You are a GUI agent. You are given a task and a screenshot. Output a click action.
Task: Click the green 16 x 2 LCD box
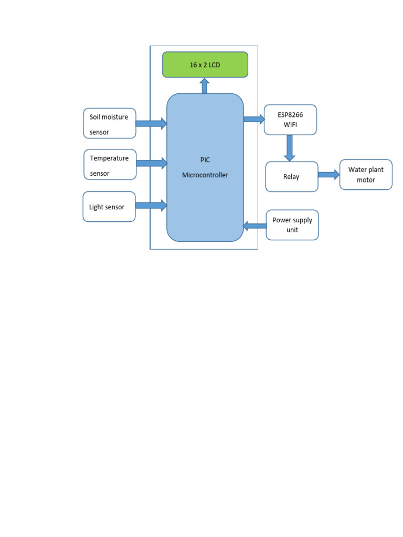coord(205,65)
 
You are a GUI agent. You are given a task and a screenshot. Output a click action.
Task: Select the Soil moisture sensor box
coord(109,123)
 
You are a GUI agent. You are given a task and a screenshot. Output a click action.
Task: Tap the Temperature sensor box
coord(110,164)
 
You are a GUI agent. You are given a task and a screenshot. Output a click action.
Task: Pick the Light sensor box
coord(109,207)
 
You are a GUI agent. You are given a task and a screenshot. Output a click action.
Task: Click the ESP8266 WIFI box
coord(290,120)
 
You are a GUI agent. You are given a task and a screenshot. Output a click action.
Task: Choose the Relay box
coord(292,177)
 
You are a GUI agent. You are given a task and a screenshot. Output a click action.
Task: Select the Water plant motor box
coord(366,175)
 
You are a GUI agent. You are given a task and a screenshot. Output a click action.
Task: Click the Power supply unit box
coord(292,225)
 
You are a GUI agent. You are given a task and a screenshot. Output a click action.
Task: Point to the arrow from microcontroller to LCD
coord(205,85)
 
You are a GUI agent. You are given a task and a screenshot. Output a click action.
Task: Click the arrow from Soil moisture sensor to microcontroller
coord(151,124)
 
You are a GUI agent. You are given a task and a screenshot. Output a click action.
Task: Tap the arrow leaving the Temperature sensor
coord(152,163)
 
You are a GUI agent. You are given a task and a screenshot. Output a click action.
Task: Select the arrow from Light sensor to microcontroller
coord(151,205)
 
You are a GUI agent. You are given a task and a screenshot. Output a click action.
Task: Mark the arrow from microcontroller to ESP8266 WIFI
coord(254,120)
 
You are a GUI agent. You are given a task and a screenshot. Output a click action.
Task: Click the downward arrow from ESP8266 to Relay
coord(289,148)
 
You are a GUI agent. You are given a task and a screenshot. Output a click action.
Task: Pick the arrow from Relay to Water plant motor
coord(329,175)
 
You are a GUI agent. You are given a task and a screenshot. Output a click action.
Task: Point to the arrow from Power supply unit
coord(255,225)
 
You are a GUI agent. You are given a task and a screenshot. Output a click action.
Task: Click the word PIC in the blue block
coord(205,160)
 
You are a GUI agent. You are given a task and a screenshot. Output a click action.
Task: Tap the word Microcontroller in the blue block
coord(205,175)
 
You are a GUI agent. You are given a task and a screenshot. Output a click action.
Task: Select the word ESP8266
coord(290,114)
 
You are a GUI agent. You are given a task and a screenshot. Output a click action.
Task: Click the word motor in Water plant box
coord(366,180)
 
